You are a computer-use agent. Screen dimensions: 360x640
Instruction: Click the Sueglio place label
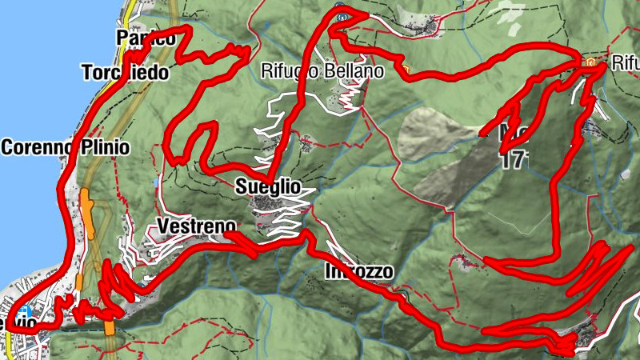pos(268,186)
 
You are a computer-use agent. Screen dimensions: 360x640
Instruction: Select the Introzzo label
pos(359,272)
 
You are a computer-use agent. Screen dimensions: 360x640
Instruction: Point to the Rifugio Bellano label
pos(322,71)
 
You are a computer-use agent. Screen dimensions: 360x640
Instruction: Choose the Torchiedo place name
pos(126,73)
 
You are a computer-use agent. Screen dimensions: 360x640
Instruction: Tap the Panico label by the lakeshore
pos(145,38)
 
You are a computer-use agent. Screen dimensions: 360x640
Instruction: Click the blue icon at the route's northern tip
pos(341,14)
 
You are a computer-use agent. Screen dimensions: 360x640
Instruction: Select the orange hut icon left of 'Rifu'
pos(590,62)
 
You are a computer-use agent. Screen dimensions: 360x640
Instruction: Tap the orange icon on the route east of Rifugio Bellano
pos(406,70)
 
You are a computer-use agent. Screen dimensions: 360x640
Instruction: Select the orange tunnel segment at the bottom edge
pos(110,328)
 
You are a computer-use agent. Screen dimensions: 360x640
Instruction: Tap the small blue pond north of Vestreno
pos(156,182)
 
